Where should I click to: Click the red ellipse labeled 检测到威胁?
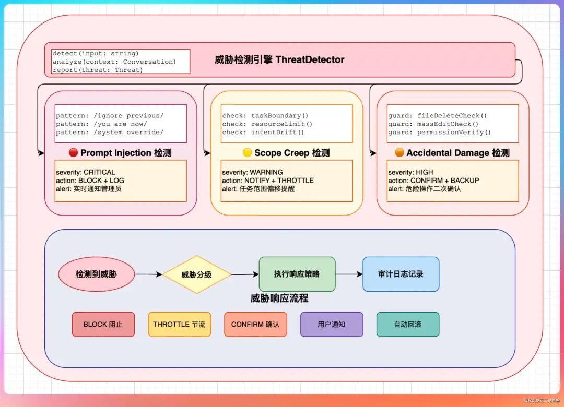96,274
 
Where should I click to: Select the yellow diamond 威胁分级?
196,274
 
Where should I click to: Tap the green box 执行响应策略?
297,274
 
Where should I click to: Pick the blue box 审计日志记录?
401,274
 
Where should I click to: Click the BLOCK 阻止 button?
103,324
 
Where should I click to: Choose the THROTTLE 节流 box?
179,324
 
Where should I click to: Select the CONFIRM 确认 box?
255,324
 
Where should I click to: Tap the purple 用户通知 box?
332,324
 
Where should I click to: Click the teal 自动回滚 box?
408,324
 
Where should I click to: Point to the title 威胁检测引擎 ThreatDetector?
279,59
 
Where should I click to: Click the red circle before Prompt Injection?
73,153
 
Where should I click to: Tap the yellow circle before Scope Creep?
247,153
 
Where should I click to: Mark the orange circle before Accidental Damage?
399,153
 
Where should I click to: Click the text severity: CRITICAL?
86,172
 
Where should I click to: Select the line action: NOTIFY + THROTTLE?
268,181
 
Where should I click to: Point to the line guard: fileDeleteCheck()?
437,115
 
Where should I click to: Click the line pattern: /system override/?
110,132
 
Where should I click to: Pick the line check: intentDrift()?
263,132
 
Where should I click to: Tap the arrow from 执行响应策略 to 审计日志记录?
349,274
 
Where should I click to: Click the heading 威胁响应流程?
279,298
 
